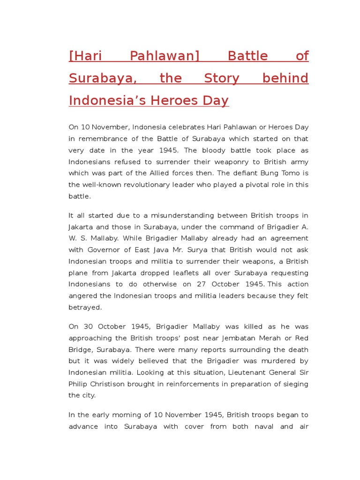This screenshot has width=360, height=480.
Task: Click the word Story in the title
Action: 222,78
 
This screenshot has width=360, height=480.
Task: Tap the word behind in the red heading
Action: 285,78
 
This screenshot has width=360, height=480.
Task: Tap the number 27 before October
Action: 203,284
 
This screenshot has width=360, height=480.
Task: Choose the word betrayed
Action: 85,307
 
